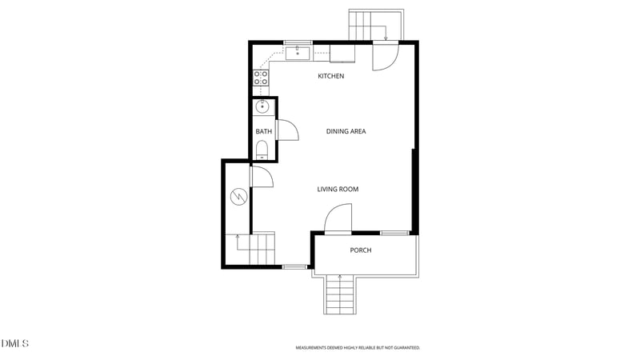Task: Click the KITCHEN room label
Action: (330, 76)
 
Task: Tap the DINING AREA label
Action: (346, 131)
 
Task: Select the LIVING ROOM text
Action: (337, 190)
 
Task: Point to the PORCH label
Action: (360, 250)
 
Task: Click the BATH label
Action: (262, 131)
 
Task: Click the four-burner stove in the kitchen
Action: (261, 78)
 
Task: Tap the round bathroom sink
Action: (262, 107)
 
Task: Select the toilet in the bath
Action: (262, 150)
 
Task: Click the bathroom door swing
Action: (286, 130)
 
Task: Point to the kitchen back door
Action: (383, 57)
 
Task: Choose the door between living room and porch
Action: (338, 219)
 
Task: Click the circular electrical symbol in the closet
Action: (238, 196)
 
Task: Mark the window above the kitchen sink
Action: (298, 42)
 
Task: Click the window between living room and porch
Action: (394, 233)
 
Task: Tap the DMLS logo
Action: (14, 344)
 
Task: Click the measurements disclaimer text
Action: (358, 348)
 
